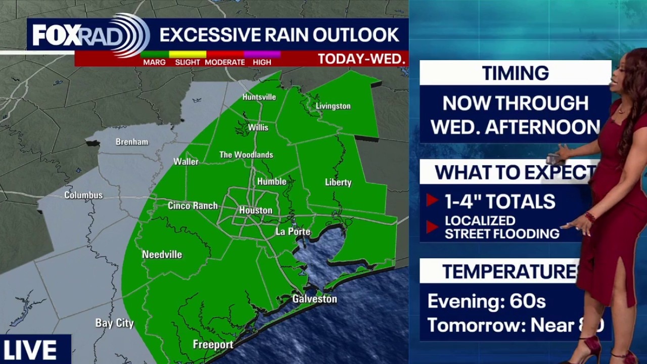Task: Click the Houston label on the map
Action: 255,210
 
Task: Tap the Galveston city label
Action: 314,299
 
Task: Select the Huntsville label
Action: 259,97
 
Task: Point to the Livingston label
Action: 333,106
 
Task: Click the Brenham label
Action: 132,142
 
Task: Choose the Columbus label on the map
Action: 83,195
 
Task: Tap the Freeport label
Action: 213,345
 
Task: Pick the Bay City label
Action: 114,323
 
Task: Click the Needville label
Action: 162,254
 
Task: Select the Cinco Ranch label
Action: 193,206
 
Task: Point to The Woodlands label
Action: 246,155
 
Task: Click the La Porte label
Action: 293,232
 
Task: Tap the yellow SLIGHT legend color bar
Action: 188,54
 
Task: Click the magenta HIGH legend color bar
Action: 262,54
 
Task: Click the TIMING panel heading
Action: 515,73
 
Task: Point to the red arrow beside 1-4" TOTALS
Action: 432,201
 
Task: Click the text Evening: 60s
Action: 486,301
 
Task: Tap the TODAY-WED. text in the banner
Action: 361,59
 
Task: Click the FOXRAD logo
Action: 88,35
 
